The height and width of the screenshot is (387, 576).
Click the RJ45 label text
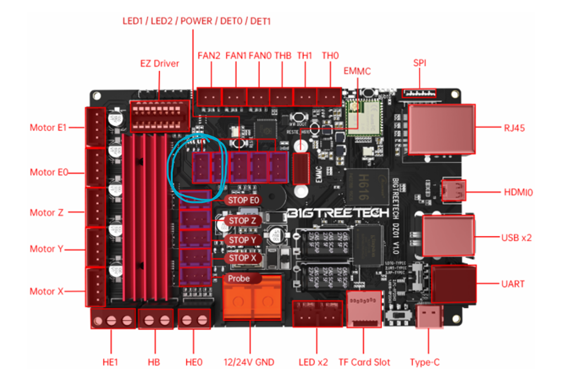[514, 129]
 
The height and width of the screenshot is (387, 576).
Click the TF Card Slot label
[364, 362]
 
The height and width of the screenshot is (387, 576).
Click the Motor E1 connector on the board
[95, 127]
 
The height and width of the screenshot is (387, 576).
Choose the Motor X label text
[47, 291]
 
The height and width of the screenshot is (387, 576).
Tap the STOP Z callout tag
[243, 221]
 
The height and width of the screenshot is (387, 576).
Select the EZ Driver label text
[160, 64]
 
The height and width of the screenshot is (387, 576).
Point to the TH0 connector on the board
[329, 97]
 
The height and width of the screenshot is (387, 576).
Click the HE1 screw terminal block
[113, 319]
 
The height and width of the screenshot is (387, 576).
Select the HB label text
[154, 362]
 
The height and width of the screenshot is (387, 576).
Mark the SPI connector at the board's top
[419, 93]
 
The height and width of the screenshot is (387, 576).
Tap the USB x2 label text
[516, 238]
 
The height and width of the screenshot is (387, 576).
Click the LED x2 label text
[313, 362]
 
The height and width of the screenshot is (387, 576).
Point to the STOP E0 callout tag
[243, 200]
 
